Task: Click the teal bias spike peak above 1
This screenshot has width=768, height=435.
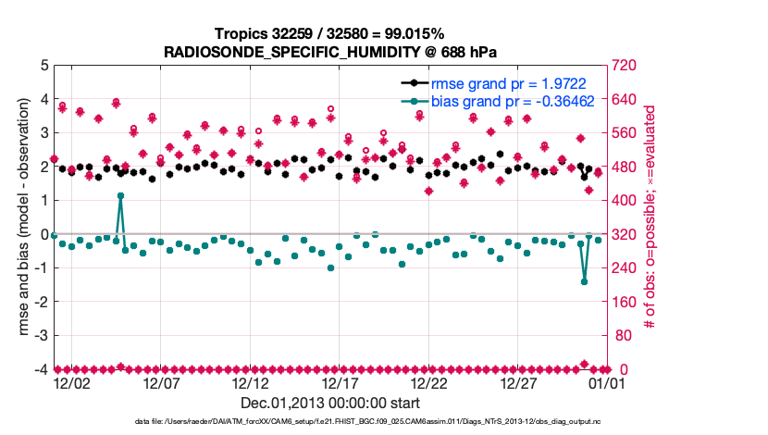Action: pos(120,196)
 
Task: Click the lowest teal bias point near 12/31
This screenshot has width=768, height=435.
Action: pos(584,281)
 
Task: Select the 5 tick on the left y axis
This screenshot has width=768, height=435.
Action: pos(43,66)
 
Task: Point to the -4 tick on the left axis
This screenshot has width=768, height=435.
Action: pos(41,370)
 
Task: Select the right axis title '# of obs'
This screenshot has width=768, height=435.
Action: pos(650,217)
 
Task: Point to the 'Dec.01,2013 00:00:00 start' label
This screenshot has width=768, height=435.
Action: pos(330,403)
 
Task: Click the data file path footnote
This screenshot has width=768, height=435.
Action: pos(383,422)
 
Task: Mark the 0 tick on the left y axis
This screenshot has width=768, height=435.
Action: pos(43,235)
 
